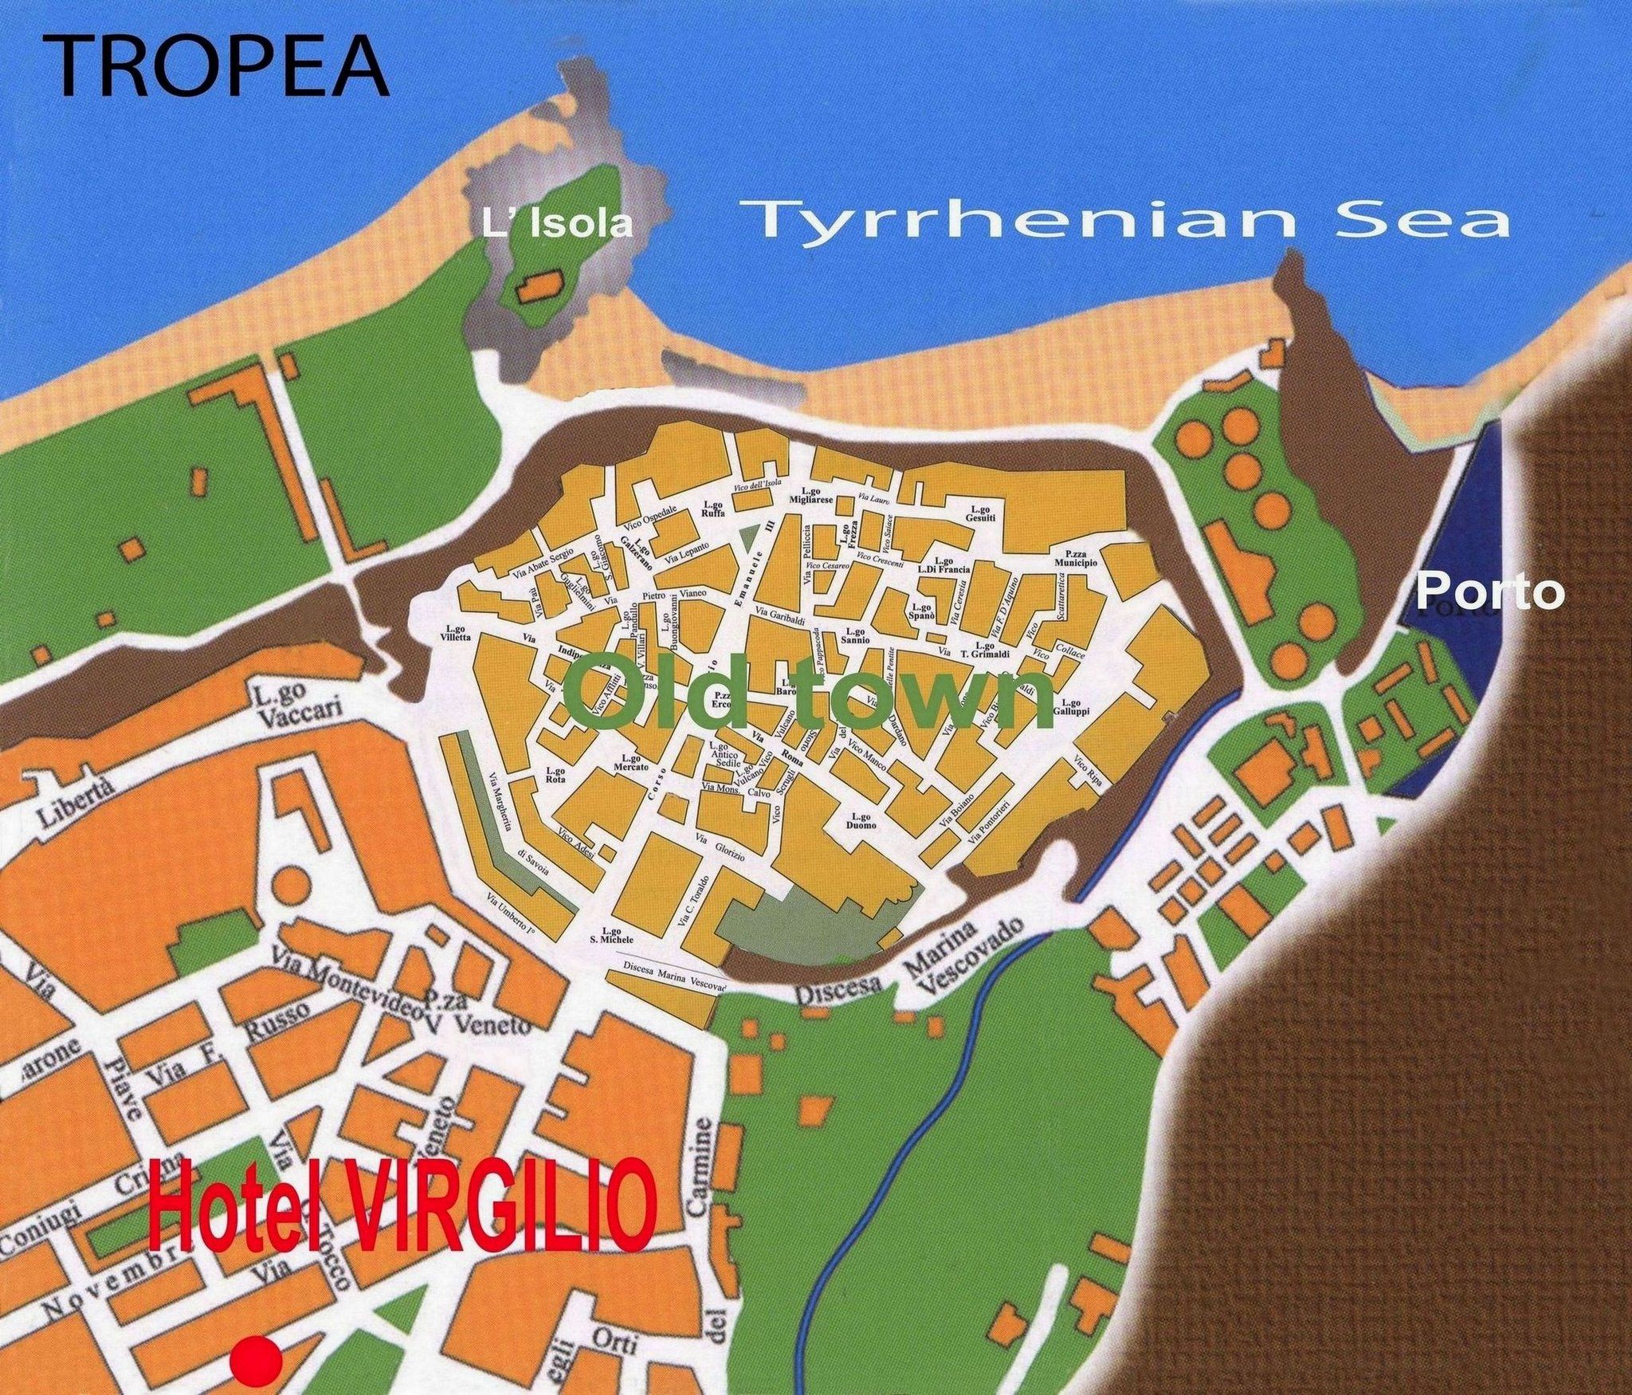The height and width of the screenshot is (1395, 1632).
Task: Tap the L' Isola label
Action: click(557, 225)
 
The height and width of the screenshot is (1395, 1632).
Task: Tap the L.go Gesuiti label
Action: click(980, 513)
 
